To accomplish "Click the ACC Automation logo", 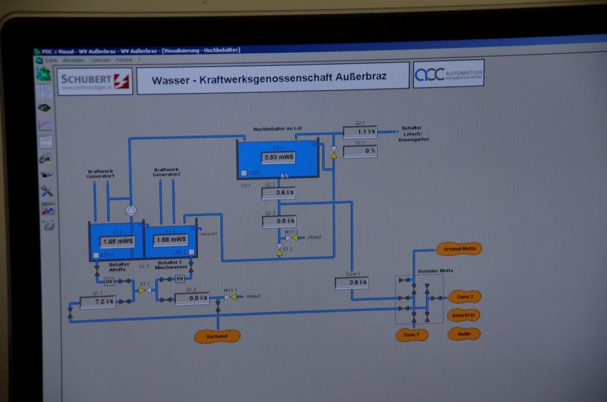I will [448, 74].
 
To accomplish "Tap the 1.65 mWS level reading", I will [117, 241].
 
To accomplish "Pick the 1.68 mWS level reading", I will [170, 240].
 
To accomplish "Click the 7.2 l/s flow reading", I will [98, 301].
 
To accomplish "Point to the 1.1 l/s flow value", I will [360, 132].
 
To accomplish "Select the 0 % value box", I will [360, 151].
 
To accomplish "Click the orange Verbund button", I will [217, 336].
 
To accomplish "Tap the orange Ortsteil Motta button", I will [459, 248].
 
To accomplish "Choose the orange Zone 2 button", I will [464, 296].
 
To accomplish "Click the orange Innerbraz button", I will [464, 315].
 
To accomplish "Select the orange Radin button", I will [464, 334].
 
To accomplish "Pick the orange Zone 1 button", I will [411, 335].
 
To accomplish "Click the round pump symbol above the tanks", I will [131, 210].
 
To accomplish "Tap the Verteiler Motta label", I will [435, 270].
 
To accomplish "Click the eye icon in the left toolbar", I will [44, 108].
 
